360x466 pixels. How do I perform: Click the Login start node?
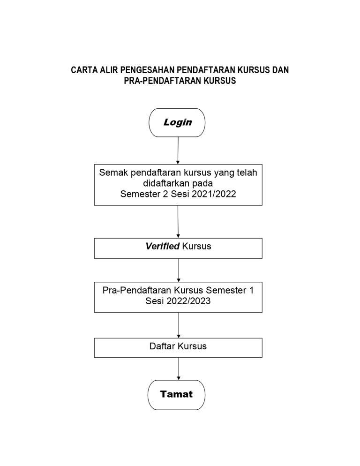(177, 122)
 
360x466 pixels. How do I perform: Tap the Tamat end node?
(176, 395)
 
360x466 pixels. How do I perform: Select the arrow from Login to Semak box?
(178, 150)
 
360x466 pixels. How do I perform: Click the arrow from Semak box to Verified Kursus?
(178, 221)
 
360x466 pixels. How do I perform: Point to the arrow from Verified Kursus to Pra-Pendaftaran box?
(179, 270)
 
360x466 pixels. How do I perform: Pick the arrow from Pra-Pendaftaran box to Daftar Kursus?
(179, 325)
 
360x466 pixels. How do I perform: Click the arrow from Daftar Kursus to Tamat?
(179, 368)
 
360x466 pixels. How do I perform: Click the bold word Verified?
(162, 246)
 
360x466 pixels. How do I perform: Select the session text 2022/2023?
(188, 301)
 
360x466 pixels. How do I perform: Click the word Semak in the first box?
(113, 173)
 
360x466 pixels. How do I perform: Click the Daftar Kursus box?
(178, 348)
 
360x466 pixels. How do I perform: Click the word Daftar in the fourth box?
(162, 346)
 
